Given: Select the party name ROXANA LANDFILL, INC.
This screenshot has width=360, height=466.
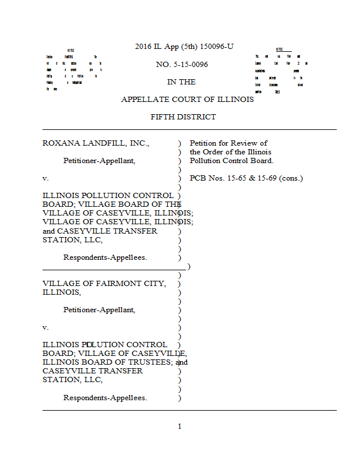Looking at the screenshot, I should pyautogui.click(x=96, y=143).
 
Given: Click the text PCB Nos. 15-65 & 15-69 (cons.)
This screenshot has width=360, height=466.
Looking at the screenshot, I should pyautogui.click(x=246, y=178).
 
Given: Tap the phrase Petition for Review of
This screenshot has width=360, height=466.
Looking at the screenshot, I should pyautogui.click(x=228, y=143).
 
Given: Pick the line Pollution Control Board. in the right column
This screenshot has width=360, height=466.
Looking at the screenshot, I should pyautogui.click(x=231, y=161).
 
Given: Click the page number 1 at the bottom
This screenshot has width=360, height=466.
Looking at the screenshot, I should pyautogui.click(x=179, y=426).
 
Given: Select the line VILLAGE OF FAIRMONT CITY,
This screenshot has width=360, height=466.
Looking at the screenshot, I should pyautogui.click(x=104, y=284).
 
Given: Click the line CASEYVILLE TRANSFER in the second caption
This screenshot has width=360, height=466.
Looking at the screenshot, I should pyautogui.click(x=93, y=371).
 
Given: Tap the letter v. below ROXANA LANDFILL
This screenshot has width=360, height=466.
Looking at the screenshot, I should pyautogui.click(x=45, y=178).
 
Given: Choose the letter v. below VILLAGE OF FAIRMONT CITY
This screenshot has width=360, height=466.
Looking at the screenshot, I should pyautogui.click(x=45, y=327).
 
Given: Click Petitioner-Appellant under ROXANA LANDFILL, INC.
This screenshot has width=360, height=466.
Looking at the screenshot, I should pyautogui.click(x=99, y=161).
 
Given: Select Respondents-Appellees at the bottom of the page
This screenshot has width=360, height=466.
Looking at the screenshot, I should pyautogui.click(x=105, y=398).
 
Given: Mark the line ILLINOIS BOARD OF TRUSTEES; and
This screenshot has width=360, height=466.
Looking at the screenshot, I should pyautogui.click(x=115, y=362).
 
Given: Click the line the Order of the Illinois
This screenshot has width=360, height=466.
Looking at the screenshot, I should pyautogui.click(x=231, y=152).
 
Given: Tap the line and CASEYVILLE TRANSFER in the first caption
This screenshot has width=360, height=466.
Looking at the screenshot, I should pyautogui.click(x=100, y=231).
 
